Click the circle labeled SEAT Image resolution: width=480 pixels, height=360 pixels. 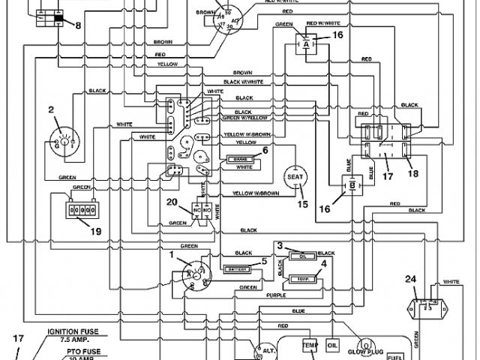[292, 177]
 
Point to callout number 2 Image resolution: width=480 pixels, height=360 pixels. [51, 109]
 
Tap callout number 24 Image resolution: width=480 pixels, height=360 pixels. [431, 279]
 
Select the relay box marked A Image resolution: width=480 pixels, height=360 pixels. [307, 46]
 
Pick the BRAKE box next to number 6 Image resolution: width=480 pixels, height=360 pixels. [241, 159]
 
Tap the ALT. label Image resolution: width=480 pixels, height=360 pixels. [268, 350]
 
